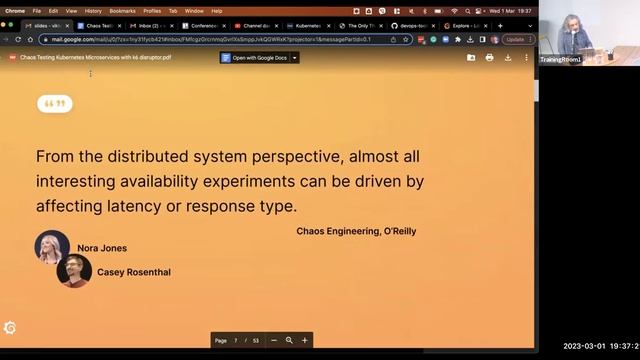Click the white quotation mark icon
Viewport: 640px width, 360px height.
pos(56,103)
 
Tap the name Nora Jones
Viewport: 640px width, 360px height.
pos(102,248)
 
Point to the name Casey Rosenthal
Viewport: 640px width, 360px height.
pos(134,271)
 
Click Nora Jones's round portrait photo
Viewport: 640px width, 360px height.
pos(52,247)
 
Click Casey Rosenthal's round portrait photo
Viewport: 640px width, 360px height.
pos(74,270)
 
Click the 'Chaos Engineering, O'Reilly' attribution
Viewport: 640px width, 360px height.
pos(356,231)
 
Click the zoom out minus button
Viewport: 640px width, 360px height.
pos(274,340)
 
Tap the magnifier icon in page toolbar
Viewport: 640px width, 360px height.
pos(289,340)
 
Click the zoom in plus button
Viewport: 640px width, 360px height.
pos(305,340)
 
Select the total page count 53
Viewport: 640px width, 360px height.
pos(255,340)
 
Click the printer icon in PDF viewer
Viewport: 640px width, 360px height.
pos(489,57)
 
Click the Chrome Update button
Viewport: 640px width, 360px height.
pos(515,39)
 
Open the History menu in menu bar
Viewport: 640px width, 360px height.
pos(93,10)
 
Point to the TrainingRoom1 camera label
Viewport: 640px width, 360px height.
pos(560,59)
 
